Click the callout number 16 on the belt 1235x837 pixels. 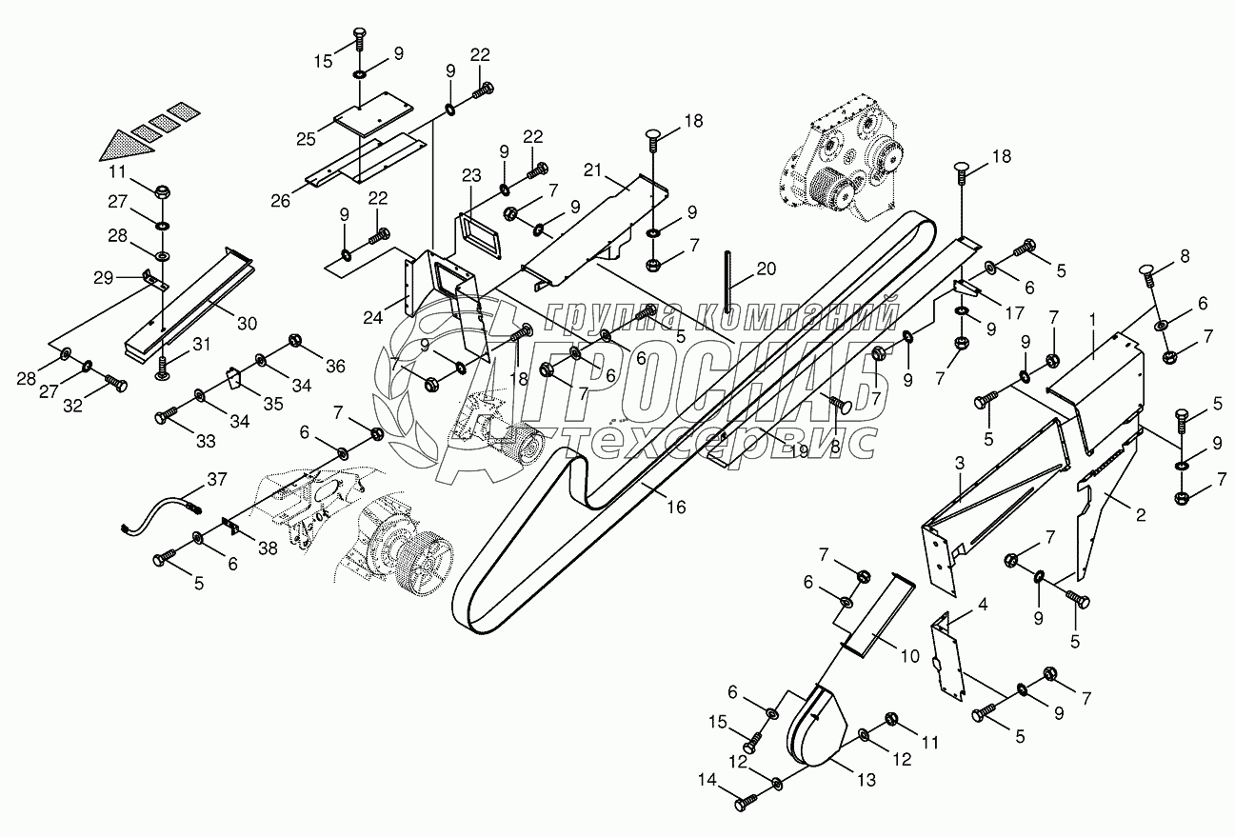[x=676, y=507]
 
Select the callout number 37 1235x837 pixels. [x=217, y=479]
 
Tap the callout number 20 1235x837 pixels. [x=766, y=269]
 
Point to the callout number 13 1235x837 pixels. [x=866, y=780]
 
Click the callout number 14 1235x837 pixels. [x=707, y=780]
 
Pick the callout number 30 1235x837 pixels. [x=247, y=323]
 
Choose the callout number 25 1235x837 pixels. [x=306, y=139]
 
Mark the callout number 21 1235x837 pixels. [x=592, y=170]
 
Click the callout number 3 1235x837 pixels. [x=959, y=464]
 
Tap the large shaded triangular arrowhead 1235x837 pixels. [x=127, y=145]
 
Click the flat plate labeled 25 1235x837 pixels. [x=374, y=113]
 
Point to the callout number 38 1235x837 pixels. [x=268, y=548]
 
